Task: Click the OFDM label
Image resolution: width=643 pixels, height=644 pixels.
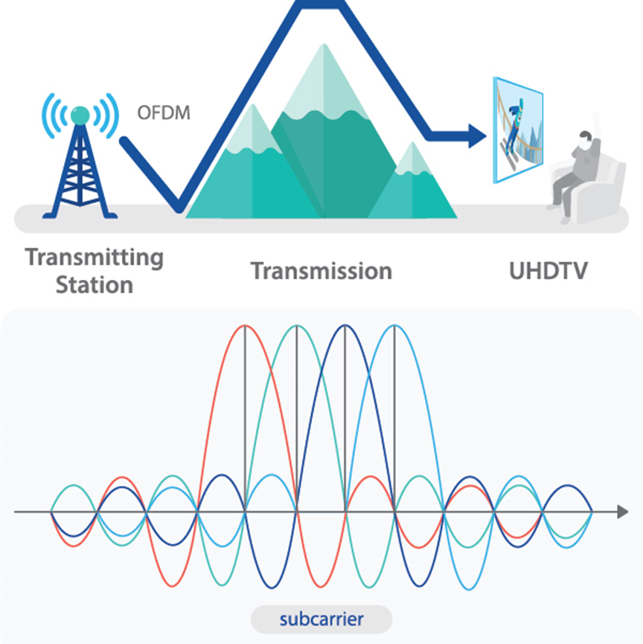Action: [x=164, y=115]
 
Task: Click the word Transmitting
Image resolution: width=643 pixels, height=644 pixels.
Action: [x=95, y=258]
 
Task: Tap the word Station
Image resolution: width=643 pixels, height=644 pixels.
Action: [x=95, y=284]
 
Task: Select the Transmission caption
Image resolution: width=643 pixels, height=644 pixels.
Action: [x=321, y=270]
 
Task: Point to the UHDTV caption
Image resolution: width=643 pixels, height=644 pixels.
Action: [x=548, y=270]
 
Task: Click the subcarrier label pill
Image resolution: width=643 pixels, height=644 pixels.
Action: [x=321, y=618]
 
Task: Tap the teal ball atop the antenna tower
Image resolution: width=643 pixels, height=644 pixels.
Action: [x=80, y=115]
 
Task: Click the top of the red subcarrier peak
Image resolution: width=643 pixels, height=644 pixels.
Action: [x=245, y=327]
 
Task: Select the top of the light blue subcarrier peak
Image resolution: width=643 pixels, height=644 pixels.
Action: [x=394, y=327]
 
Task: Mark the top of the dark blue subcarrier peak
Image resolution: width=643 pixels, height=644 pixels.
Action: [x=345, y=327]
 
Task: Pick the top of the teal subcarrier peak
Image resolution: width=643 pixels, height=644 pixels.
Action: [x=296, y=327]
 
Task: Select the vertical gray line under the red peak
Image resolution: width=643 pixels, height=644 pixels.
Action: [x=245, y=417]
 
